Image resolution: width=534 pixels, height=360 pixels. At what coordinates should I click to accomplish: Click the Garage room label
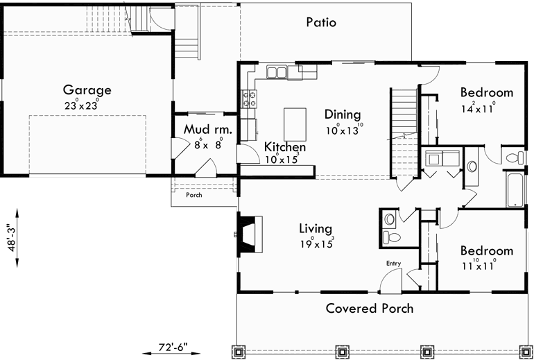(87, 90)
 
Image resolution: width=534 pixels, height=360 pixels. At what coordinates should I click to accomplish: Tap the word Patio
(321, 22)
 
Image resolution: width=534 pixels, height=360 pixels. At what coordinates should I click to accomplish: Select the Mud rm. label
(207, 130)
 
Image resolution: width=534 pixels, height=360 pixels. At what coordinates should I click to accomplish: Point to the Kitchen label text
(285, 148)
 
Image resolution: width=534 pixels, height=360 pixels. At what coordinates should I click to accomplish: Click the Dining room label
(343, 114)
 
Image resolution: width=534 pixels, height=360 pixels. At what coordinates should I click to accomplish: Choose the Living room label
(315, 228)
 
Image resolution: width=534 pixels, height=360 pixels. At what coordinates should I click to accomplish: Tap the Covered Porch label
(370, 308)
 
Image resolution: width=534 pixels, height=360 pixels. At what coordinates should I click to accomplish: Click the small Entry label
(394, 263)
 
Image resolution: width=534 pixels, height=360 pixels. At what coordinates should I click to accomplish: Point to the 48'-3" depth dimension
(8, 240)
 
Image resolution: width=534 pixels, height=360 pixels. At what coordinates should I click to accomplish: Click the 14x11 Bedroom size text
(476, 108)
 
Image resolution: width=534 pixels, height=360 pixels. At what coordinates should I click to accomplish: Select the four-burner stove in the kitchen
(248, 99)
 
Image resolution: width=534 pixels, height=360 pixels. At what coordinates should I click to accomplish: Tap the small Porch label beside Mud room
(194, 195)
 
